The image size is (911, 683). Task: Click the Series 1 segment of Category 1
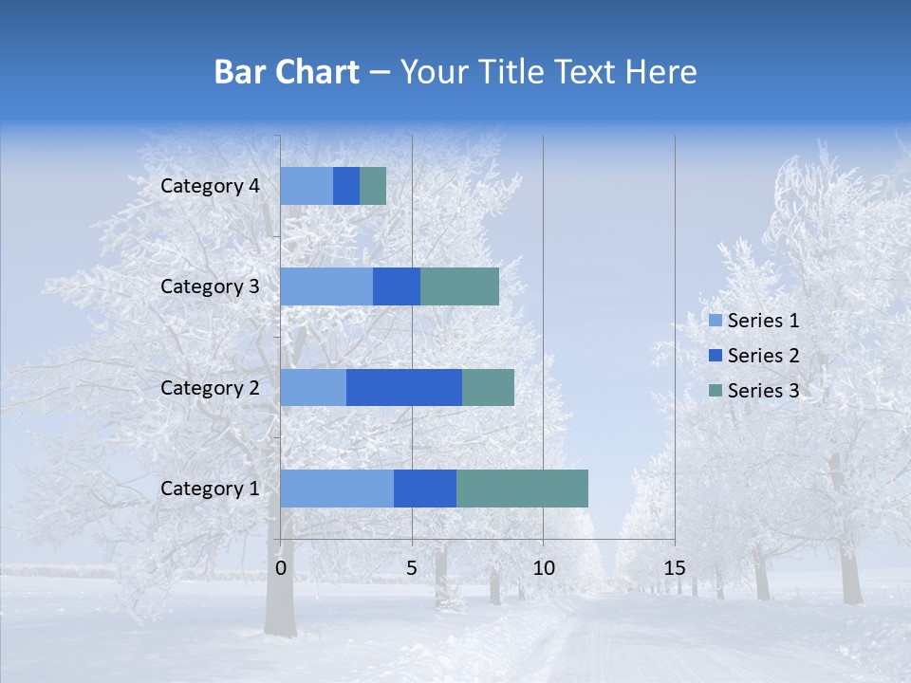[337, 489]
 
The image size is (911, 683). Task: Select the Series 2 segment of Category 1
[425, 489]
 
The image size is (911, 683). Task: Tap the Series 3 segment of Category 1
[522, 489]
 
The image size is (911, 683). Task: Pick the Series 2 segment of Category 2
[404, 387]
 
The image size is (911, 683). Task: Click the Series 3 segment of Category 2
[488, 387]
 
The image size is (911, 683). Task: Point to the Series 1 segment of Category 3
[326, 286]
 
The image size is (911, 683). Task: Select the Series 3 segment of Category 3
[459, 286]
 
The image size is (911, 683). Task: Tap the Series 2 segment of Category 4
[346, 186]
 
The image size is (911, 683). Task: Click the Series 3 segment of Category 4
[373, 186]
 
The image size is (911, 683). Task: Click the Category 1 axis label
[210, 489]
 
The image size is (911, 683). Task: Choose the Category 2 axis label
[210, 387]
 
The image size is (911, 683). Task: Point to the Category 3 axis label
[210, 286]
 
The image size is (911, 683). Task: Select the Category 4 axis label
[210, 186]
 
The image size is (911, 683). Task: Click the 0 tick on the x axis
[281, 568]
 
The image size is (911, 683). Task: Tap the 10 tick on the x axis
[543, 568]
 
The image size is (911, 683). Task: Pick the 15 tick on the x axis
[674, 568]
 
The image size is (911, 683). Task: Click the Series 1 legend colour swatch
[716, 321]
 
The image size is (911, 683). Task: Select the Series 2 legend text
[763, 356]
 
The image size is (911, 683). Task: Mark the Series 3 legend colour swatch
[716, 390]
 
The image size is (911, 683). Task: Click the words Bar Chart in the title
[287, 72]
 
